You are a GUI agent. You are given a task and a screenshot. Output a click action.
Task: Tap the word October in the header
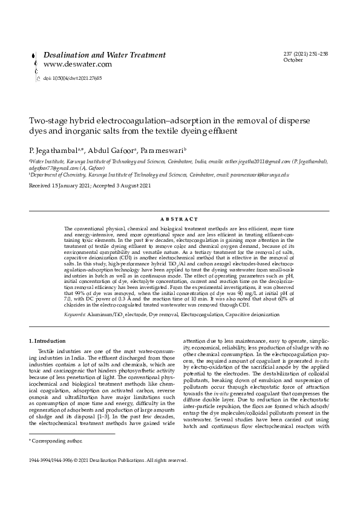click(x=293, y=60)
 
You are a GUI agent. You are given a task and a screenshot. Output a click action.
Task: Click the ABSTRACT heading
click(x=180, y=219)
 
